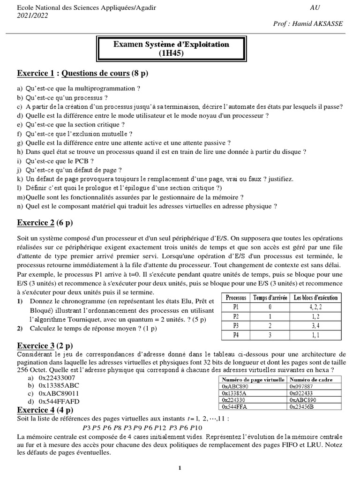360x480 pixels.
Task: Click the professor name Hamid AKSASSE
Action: point(319,24)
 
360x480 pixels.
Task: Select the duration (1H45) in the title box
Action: point(171,53)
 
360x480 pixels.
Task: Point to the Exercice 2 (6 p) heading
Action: point(45,222)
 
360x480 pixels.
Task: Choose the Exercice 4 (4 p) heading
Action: point(45,410)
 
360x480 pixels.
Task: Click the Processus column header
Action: point(236,298)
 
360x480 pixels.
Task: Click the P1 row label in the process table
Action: point(236,307)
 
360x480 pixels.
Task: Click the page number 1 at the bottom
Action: point(180,468)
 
